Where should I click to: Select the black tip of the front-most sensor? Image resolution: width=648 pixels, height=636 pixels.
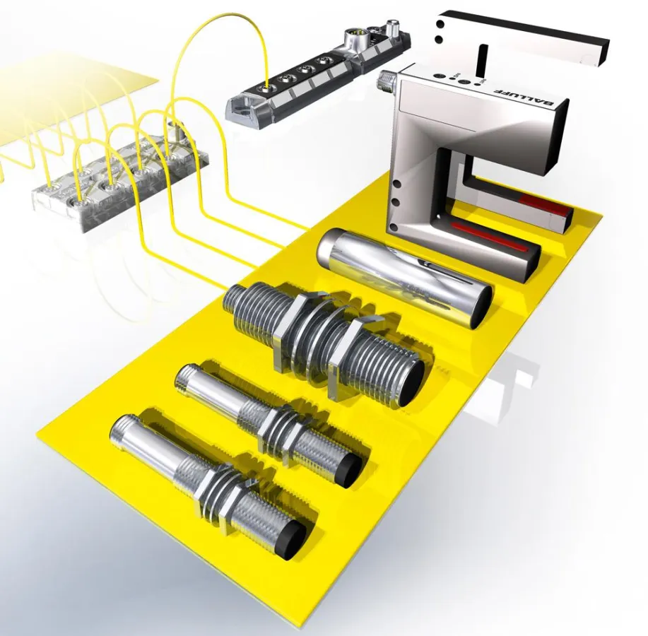coord(294,541)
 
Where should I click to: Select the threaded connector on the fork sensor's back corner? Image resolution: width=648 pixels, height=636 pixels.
coord(388,78)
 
